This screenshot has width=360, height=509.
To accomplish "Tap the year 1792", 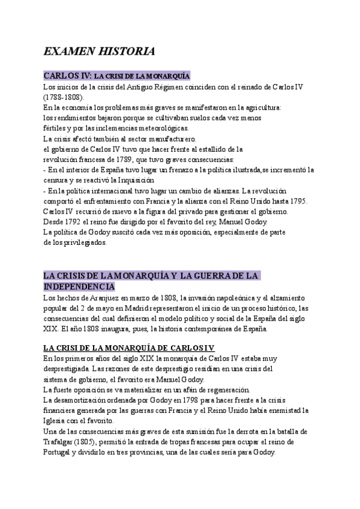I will (x=71, y=221).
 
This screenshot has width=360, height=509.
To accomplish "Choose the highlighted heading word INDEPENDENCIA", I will (x=79, y=286).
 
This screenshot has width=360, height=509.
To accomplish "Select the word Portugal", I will (x=60, y=453).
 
